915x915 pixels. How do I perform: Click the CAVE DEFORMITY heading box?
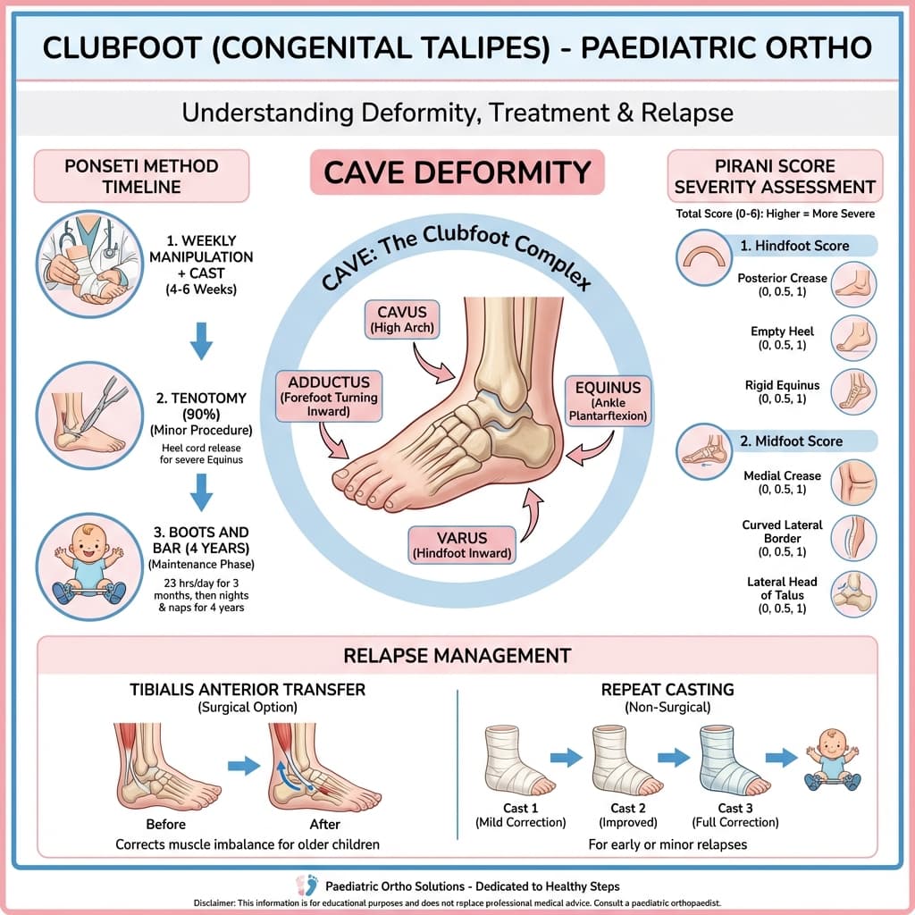coord(457,172)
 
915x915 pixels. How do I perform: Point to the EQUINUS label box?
coord(609,400)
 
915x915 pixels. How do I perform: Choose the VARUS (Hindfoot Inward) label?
coord(461,545)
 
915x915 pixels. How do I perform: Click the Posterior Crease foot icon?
coord(853,285)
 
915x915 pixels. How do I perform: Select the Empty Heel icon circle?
coord(853,339)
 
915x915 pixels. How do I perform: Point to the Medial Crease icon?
coord(853,483)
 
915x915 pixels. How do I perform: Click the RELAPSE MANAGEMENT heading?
coord(457,656)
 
